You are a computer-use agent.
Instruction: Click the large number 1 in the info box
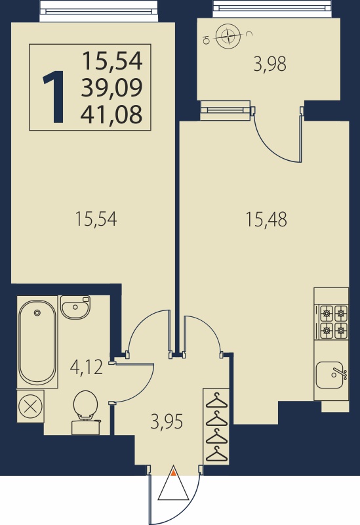tap(54, 96)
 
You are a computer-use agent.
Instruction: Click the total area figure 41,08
tap(111, 114)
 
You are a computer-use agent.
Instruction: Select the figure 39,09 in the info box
tap(111, 87)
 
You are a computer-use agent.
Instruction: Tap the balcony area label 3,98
tap(270, 64)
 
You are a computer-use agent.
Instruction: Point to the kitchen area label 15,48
tap(266, 220)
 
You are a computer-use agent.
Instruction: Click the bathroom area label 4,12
tap(87, 367)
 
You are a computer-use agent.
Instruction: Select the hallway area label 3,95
tap(167, 421)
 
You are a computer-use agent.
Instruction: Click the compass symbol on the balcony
tap(228, 37)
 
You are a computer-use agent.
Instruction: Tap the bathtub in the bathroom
tap(37, 341)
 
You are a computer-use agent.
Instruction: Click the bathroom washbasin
tap(75, 306)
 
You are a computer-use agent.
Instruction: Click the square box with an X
tap(30, 406)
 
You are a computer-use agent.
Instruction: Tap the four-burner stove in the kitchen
tap(334, 322)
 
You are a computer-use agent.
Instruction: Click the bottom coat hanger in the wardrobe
tap(216, 454)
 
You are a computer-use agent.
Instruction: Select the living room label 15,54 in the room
tap(96, 219)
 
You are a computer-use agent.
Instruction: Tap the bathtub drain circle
tap(37, 313)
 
